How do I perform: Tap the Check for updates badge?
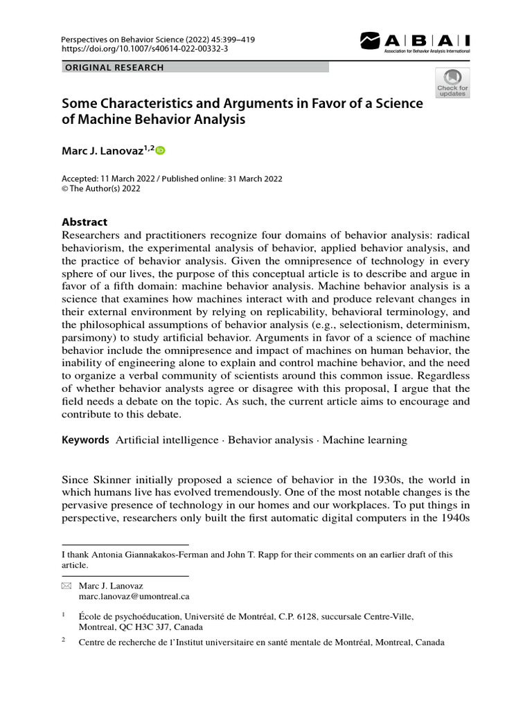pos(452,82)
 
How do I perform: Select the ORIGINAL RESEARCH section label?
pos(114,68)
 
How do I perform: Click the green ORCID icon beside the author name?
pos(161,150)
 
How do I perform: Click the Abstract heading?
pos(85,222)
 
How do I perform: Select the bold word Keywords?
pos(85,440)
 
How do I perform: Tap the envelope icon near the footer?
pos(66,586)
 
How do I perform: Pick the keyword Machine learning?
pos(365,440)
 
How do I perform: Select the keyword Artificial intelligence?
pos(166,440)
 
